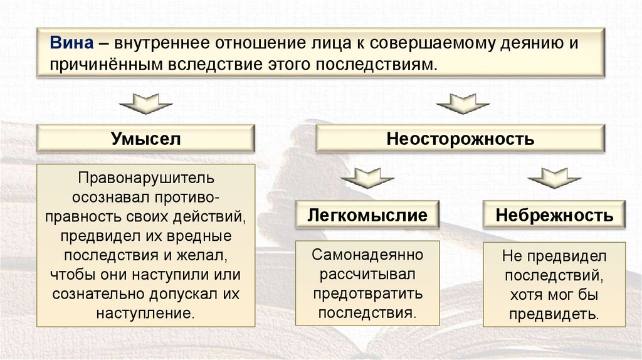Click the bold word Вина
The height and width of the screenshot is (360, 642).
73,45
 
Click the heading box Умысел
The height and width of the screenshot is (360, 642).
146,138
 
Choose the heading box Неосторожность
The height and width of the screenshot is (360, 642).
460,138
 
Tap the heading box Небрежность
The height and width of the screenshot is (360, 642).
554,216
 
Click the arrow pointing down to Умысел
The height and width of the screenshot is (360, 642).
145,103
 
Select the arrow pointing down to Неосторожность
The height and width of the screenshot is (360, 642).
462,103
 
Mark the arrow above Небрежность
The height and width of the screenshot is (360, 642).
554,178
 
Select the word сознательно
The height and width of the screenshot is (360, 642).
105,293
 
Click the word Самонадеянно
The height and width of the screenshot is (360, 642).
368,255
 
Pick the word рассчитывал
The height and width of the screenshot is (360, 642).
367,274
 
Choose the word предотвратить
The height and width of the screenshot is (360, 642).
368,293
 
